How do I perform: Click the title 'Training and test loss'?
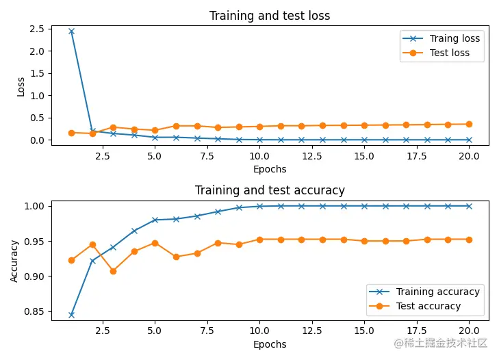click(269, 16)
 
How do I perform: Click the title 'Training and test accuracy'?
click(269, 190)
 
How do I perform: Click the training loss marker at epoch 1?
click(71, 31)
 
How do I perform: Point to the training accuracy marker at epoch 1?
click(71, 315)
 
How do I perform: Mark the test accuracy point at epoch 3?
click(113, 271)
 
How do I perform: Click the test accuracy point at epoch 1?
click(71, 260)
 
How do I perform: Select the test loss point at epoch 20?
click(469, 124)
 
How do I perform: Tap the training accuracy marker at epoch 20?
click(469, 206)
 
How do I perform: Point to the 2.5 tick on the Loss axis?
click(37, 29)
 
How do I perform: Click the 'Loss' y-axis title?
click(21, 86)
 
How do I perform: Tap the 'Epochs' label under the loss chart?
click(270, 169)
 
